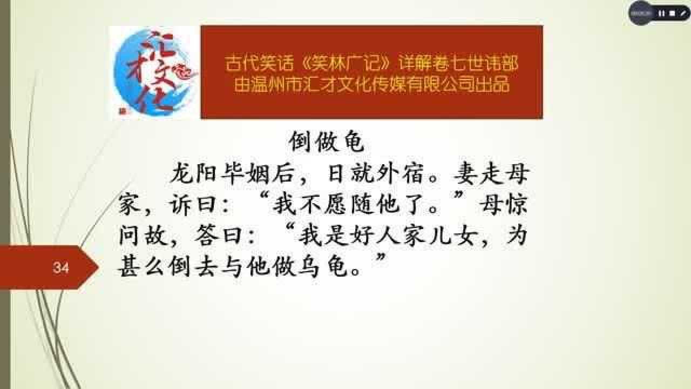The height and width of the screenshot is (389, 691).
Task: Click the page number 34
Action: point(61,267)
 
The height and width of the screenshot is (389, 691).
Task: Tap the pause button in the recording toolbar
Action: point(661,14)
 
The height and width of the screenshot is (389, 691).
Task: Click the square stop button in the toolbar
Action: point(672,14)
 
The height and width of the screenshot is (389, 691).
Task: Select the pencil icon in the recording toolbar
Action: point(682,14)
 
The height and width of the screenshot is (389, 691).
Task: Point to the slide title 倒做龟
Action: point(327,142)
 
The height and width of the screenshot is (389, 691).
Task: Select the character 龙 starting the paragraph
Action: point(182,173)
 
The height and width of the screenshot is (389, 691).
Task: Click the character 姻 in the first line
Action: point(260,173)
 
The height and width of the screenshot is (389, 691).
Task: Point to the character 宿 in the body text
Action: point(414,173)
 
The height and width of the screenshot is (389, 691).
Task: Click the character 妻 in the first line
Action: point(465,173)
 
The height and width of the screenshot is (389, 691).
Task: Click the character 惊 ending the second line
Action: point(517,204)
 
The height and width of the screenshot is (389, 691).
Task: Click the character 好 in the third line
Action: point(361,235)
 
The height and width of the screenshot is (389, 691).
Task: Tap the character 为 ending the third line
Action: point(517,235)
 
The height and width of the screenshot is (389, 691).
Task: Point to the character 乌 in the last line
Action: point(310,266)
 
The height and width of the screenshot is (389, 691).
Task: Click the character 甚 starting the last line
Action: point(129,266)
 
